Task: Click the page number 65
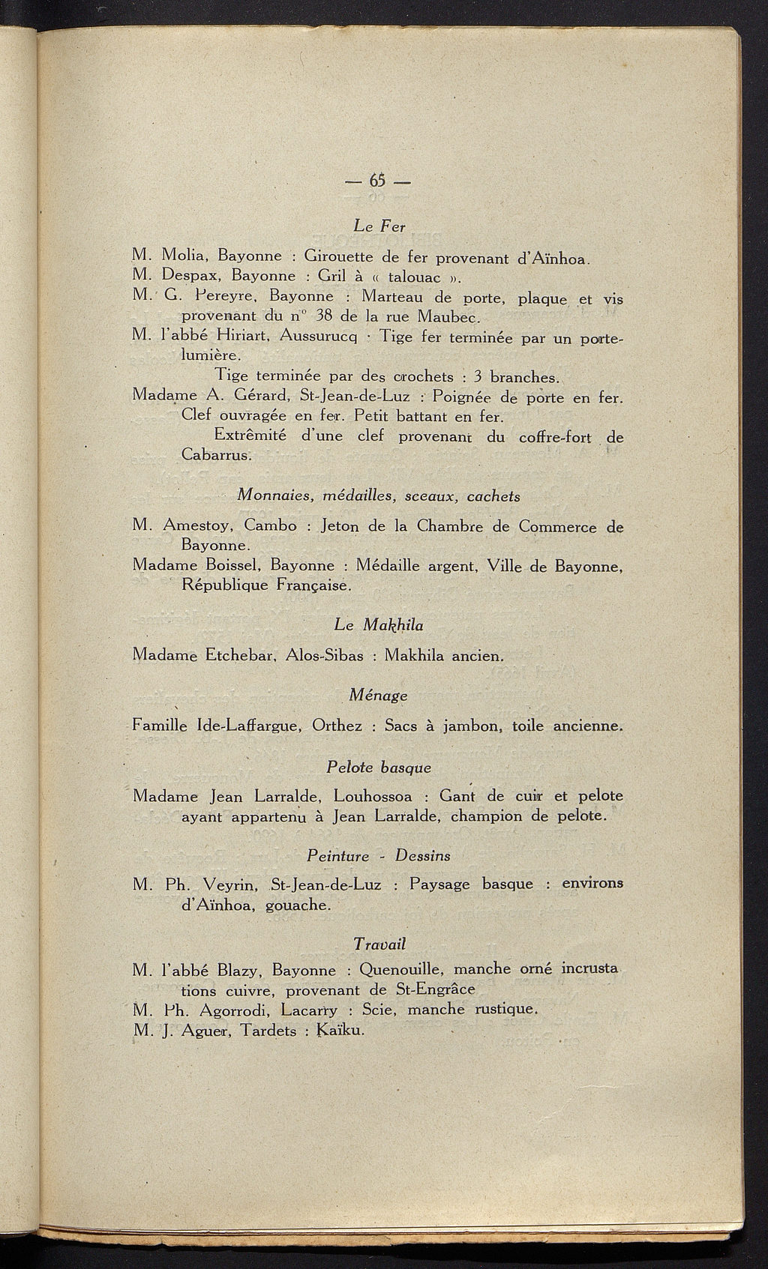(x=376, y=181)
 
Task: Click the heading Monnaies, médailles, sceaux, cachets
(x=379, y=496)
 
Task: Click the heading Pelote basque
(x=379, y=768)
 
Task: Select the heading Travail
(x=379, y=943)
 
